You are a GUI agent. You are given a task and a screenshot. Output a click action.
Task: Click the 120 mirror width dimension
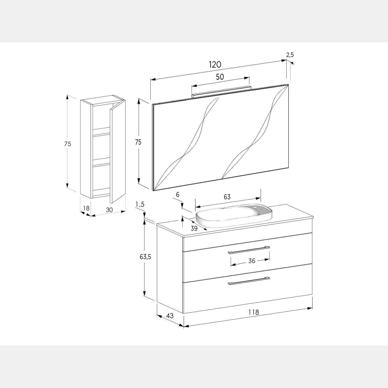tap(215, 65)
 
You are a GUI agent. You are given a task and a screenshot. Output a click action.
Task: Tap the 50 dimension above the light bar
tap(220, 77)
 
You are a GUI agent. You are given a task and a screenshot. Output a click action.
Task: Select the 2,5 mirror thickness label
tap(290, 55)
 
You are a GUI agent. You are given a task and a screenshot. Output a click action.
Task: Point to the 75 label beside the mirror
tap(138, 142)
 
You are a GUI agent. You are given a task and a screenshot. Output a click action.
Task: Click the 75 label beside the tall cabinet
tap(68, 144)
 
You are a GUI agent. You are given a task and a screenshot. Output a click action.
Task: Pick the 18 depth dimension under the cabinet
tap(86, 208)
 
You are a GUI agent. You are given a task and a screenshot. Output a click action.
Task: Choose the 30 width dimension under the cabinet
tap(109, 210)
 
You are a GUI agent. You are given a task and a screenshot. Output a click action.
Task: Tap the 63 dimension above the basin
tap(227, 197)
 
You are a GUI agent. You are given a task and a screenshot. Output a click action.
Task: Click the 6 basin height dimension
tap(177, 195)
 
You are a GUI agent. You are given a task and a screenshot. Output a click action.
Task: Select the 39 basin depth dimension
tap(194, 228)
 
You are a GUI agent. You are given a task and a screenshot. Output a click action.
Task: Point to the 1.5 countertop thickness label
tap(140, 204)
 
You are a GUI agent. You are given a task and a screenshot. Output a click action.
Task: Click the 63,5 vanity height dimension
tap(145, 257)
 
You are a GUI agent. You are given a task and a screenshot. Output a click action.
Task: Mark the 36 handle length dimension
tap(252, 261)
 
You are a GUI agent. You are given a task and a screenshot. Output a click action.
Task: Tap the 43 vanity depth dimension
tap(170, 315)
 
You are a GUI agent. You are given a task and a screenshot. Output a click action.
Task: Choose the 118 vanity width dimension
tap(253, 312)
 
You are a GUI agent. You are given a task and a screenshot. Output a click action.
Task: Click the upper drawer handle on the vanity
tap(249, 250)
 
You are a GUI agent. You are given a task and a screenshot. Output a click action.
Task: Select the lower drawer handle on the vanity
tap(249, 281)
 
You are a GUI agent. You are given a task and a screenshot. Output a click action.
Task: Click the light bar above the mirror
tap(221, 92)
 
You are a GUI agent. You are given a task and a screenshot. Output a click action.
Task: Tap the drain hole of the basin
tap(256, 207)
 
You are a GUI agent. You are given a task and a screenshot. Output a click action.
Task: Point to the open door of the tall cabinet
tap(118, 152)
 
